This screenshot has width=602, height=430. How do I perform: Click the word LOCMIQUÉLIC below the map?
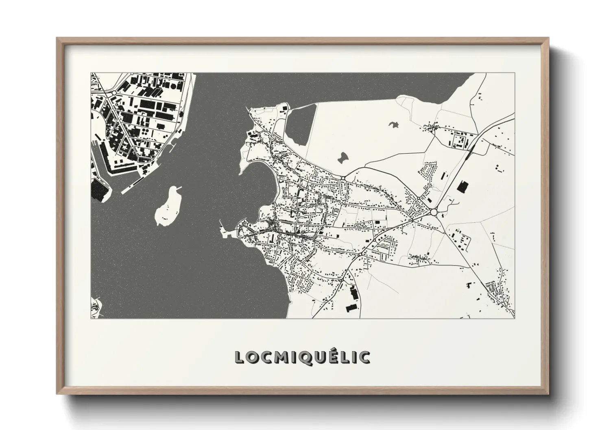[x=302, y=357]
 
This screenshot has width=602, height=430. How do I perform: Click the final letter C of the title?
[x=365, y=358]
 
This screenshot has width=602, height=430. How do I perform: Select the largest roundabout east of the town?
[x=434, y=212]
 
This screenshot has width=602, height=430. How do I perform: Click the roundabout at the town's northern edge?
[x=343, y=178]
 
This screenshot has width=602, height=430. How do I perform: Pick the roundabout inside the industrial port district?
[x=114, y=93]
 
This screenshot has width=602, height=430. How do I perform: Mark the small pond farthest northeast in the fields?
[x=393, y=125]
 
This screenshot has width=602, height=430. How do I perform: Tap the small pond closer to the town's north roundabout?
[x=343, y=157]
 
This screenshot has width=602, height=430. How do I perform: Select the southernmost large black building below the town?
[x=350, y=307]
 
